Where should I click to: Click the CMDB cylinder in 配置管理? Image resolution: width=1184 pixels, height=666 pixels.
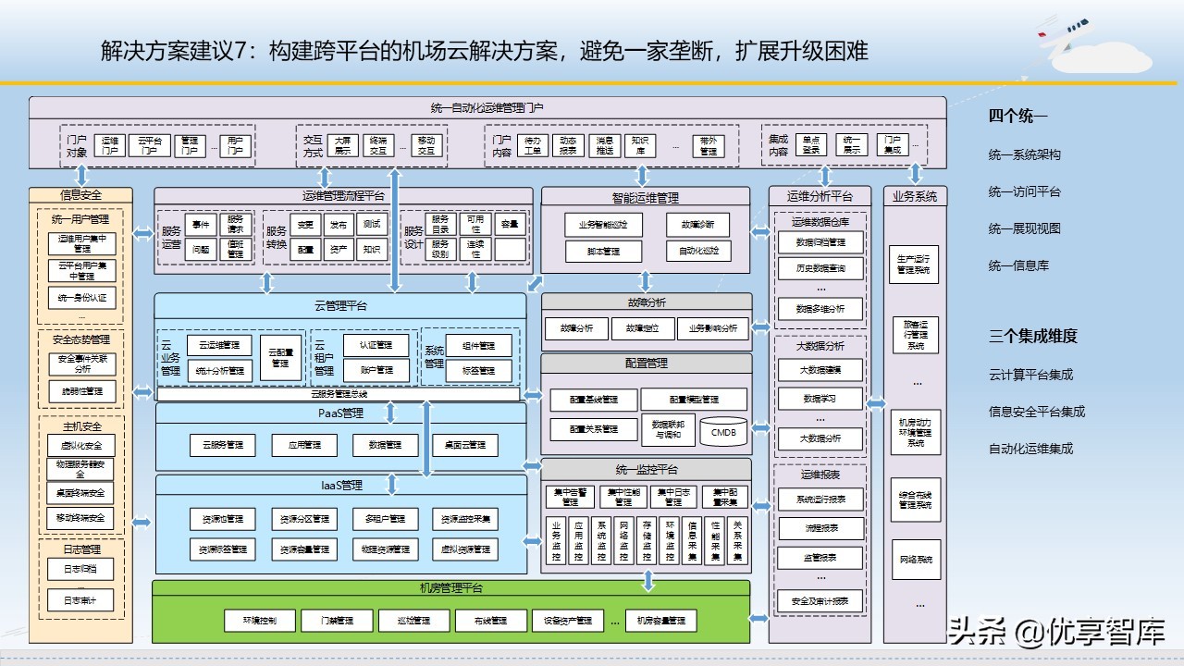point(722,430)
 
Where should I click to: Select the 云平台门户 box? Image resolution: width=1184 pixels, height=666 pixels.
point(150,145)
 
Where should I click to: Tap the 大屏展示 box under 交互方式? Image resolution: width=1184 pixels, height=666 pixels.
point(343,145)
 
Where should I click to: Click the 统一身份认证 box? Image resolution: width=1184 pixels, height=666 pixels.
point(82,298)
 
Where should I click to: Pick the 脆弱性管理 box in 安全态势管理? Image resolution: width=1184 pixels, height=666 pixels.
point(82,391)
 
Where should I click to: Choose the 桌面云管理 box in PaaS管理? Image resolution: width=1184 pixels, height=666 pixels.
point(464,445)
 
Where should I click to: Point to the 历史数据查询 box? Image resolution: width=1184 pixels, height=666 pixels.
point(820,268)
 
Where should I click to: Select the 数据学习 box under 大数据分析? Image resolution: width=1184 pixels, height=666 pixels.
point(820,399)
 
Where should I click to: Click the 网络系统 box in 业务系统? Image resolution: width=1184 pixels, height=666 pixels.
point(916,560)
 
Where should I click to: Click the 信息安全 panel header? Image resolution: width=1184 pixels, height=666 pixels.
point(81,195)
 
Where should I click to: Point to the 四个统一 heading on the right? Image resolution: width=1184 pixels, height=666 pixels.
point(1017,117)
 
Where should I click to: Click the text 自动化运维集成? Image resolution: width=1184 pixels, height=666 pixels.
point(1030,449)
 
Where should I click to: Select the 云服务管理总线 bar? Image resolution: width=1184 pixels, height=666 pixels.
point(339,394)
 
